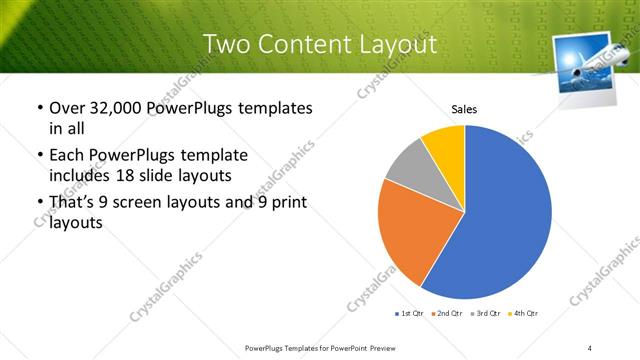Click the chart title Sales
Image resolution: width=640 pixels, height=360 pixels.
464,108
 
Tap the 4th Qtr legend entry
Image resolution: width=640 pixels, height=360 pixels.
525,314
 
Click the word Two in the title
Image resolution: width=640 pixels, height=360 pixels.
226,45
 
